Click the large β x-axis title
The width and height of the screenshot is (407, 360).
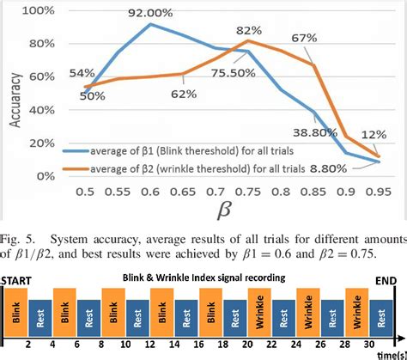(x=228, y=211)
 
